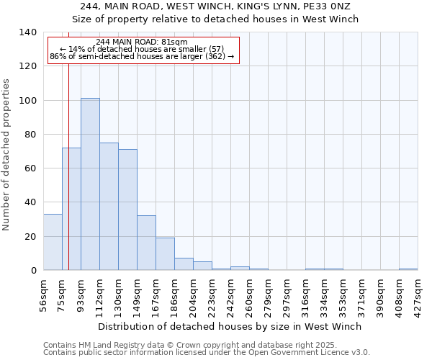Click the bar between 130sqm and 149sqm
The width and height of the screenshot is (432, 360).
(127, 210)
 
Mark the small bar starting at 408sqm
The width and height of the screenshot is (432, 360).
(408, 269)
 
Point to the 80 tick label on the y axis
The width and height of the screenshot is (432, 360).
(30, 135)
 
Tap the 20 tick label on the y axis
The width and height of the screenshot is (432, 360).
(30, 237)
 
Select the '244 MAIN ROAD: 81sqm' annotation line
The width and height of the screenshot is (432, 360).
(142, 42)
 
